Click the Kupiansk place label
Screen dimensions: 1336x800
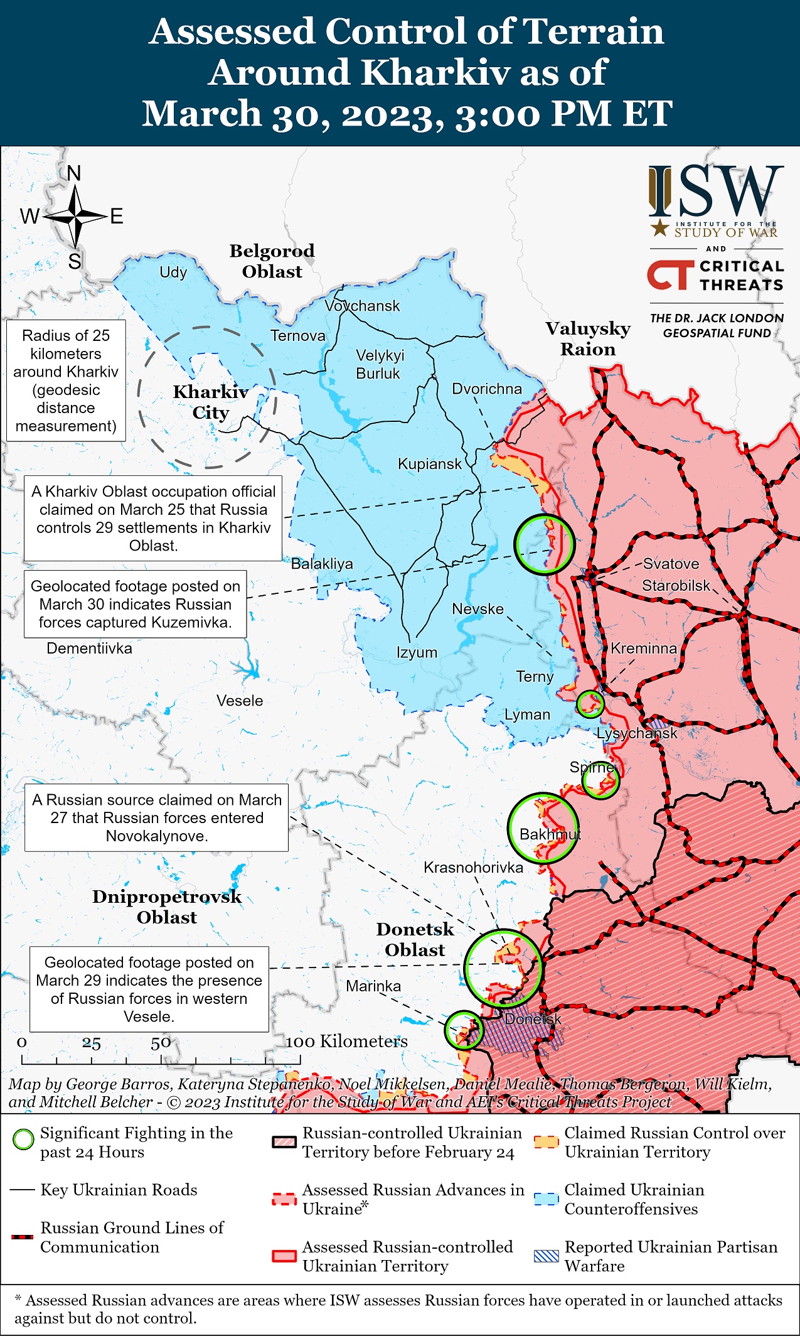point(429,464)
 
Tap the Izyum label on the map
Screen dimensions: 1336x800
point(417,652)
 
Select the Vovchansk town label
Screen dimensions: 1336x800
point(362,306)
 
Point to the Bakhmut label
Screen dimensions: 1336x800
point(550,834)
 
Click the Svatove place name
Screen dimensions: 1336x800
point(671,563)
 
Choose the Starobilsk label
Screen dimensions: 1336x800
point(676,586)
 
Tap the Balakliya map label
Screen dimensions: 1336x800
point(322,564)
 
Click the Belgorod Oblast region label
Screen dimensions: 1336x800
point(272,261)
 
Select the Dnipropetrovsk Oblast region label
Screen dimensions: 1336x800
point(167,907)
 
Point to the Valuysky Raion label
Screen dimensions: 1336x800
point(588,338)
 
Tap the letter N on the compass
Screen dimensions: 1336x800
point(74,173)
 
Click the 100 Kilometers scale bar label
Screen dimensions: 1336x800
point(346,1042)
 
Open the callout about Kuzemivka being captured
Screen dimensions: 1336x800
point(135,604)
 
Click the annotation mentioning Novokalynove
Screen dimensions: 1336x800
point(156,817)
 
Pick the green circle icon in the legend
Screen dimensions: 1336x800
point(24,1139)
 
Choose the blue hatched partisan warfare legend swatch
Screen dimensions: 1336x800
point(546,1256)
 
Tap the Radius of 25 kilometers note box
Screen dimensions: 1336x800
point(66,380)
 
